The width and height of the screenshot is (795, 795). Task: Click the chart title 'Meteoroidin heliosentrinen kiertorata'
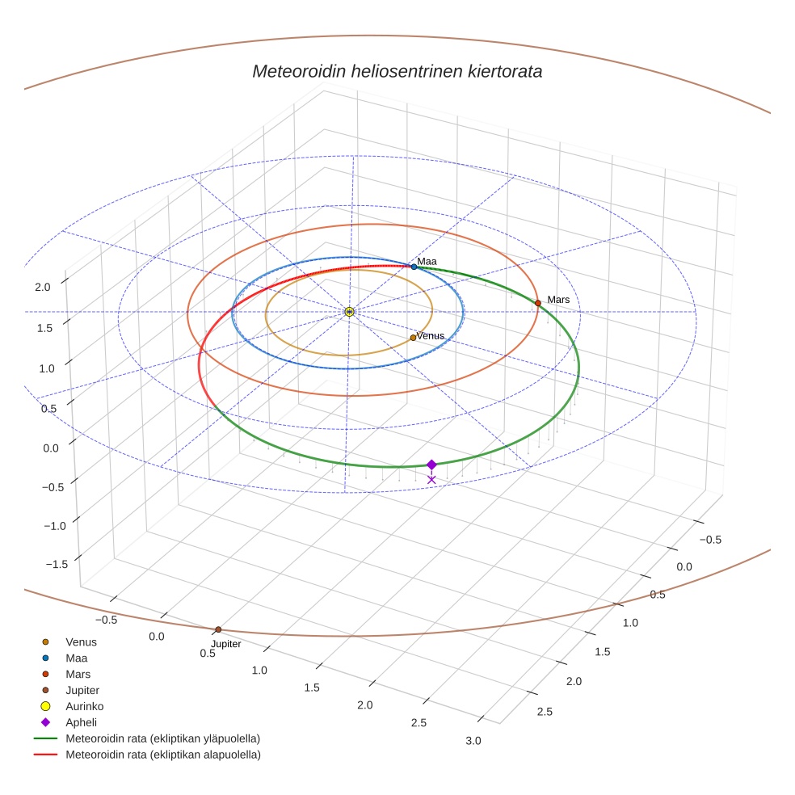[397, 71]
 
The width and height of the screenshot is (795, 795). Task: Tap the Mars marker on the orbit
[537, 303]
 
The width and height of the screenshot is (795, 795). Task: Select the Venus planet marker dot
[413, 338]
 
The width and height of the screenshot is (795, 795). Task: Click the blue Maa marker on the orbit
[414, 267]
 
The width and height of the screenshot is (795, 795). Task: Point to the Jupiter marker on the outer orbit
[218, 629]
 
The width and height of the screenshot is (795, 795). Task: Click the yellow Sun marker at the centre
[349, 312]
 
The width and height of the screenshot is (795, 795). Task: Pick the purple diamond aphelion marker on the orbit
[431, 465]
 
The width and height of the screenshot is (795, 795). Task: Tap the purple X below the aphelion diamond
[431, 480]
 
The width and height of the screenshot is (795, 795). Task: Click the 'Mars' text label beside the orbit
[558, 300]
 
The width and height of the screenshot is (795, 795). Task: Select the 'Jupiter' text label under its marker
[226, 644]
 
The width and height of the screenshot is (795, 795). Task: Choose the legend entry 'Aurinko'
[84, 706]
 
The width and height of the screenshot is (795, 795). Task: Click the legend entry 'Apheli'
[81, 722]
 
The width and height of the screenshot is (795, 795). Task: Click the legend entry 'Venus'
[81, 641]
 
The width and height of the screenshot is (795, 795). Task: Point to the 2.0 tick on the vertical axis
[42, 286]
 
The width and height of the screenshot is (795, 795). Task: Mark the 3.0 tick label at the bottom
[473, 741]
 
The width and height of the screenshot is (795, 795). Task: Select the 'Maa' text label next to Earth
[427, 261]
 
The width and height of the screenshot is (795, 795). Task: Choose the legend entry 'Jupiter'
[83, 690]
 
